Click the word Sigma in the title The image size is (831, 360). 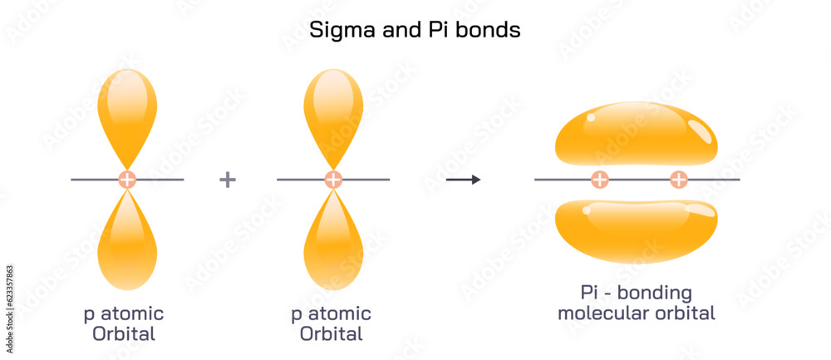click(x=337, y=31)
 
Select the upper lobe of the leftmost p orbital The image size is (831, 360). click(x=127, y=112)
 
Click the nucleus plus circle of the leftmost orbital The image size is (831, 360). click(x=127, y=180)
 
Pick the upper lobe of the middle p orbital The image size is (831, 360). click(x=333, y=112)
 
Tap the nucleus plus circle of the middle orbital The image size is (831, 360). click(x=333, y=180)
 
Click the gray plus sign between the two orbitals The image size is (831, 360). click(x=228, y=180)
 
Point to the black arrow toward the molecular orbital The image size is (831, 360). click(x=463, y=180)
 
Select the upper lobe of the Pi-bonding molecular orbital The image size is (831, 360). click(x=636, y=135)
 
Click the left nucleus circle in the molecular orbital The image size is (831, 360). click(x=599, y=180)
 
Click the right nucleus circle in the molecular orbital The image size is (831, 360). click(x=679, y=180)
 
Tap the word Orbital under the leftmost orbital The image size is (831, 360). click(x=125, y=335)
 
